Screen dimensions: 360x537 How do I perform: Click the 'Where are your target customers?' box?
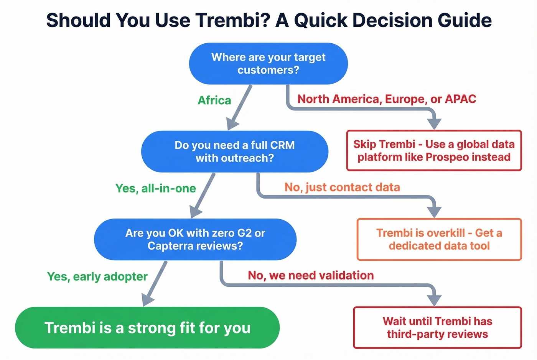[268, 64]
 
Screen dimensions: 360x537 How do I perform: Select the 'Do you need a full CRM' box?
[234, 151]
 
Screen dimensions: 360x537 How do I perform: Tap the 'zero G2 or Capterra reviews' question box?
[195, 239]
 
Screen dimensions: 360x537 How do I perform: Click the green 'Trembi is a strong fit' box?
[147, 328]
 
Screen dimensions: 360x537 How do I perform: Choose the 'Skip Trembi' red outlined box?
[434, 151]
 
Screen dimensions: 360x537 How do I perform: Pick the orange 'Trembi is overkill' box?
[439, 239]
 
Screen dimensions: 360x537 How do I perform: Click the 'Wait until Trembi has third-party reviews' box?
[437, 328]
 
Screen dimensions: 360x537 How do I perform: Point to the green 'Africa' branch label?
[214, 100]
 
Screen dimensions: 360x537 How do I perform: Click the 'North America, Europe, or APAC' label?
[387, 99]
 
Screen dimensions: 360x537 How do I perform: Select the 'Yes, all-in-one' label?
[156, 188]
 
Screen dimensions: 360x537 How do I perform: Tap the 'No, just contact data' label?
[342, 187]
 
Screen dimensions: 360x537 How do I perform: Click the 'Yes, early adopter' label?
[97, 276]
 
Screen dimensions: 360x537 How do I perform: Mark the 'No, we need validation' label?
[311, 275]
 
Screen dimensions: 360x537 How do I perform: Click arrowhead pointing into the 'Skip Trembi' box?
[434, 124]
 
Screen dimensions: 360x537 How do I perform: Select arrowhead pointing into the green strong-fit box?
[147, 299]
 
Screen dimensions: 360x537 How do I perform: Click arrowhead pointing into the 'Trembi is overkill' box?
[434, 212]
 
